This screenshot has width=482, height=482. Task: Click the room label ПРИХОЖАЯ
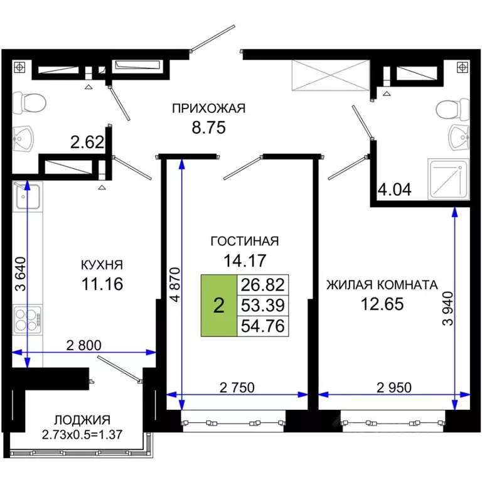208,109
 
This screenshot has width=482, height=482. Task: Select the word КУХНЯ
101,265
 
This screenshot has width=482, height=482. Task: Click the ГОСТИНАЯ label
244,241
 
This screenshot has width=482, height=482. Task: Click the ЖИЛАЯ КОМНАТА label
381,285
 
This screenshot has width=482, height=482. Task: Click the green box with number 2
218,306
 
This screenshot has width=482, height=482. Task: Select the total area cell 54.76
262,326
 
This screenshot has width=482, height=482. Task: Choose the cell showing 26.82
262,285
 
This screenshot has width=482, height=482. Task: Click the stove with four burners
28,321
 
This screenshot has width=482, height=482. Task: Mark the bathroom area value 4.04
394,190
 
